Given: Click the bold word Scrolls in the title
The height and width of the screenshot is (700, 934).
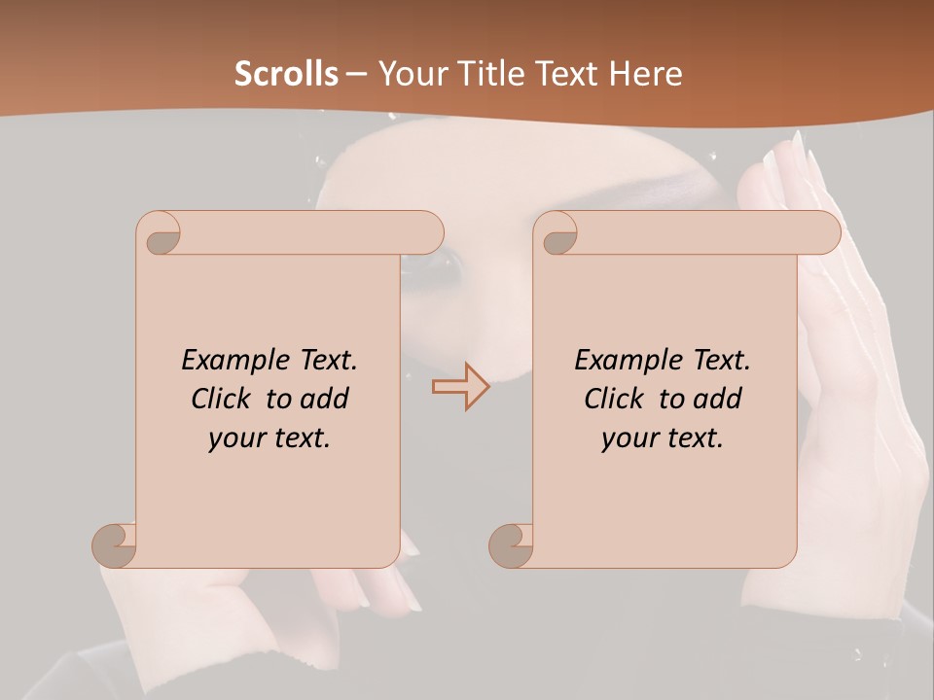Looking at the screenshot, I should (x=286, y=74).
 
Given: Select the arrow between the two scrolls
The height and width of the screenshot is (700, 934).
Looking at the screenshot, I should (x=460, y=387).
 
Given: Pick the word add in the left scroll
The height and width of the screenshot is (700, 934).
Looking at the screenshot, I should (x=325, y=399).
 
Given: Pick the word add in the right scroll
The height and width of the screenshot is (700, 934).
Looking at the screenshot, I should (x=718, y=399).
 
